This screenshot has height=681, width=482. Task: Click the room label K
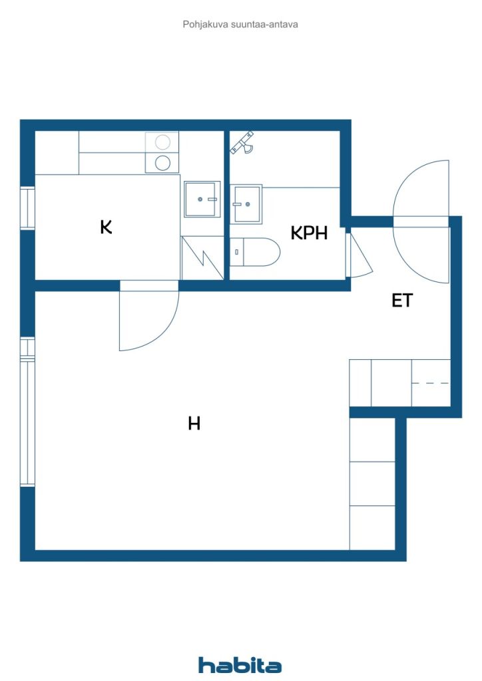click(x=106, y=227)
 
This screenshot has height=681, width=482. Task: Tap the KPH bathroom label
click(x=309, y=233)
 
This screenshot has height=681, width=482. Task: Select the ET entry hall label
click(x=402, y=301)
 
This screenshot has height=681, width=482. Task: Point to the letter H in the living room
click(x=194, y=423)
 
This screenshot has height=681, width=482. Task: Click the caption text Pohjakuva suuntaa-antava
click(x=240, y=25)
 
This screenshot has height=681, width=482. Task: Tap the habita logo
click(x=240, y=664)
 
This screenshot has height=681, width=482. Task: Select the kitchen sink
click(x=202, y=199)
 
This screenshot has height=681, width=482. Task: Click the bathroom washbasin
click(x=247, y=204)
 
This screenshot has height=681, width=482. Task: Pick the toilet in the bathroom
click(x=256, y=252)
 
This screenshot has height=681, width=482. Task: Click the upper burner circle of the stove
click(x=162, y=142)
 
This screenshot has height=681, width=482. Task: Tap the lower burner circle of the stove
click(x=162, y=163)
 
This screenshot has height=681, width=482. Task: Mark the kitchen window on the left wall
click(x=27, y=208)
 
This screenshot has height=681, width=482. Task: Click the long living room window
click(x=27, y=412)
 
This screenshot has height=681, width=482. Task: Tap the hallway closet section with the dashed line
click(x=431, y=383)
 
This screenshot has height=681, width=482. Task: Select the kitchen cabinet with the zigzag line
click(x=202, y=257)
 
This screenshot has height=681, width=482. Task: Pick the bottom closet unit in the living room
click(x=372, y=527)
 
